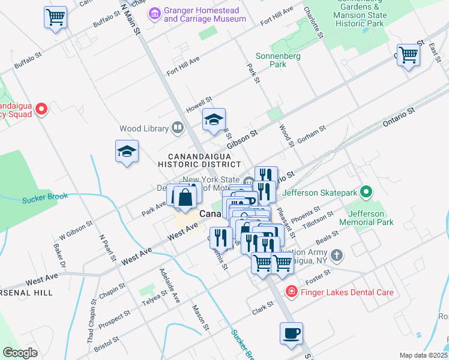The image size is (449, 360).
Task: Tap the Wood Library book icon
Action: tap(178, 127)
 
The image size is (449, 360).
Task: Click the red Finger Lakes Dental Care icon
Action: tap(291, 292)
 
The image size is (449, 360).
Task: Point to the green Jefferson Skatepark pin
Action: tap(366, 193)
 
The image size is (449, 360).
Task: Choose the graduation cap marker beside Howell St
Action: tap(214, 119)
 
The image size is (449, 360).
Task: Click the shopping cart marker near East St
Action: tap(408, 55)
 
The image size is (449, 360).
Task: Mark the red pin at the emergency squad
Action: tap(41, 109)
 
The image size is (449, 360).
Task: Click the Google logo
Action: tap(20, 353)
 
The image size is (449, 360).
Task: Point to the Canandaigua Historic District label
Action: tap(199, 159)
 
